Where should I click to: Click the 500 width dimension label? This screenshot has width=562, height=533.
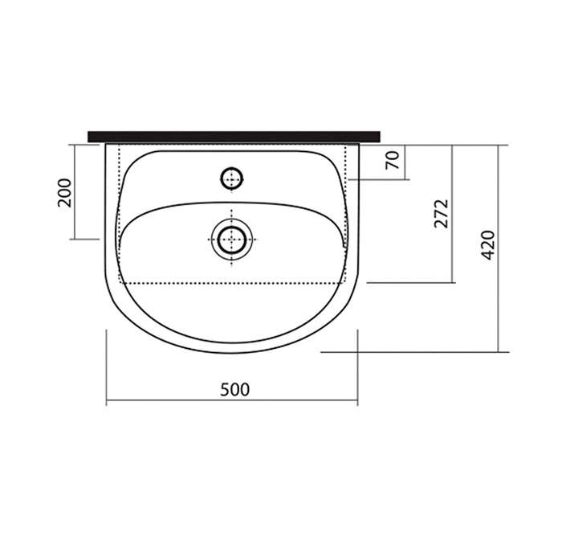(234, 390)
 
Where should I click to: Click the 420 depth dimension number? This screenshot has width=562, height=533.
(488, 245)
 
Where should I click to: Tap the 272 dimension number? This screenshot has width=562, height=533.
(442, 214)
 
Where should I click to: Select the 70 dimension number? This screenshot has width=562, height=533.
(392, 160)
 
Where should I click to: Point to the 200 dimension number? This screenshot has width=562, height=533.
(65, 193)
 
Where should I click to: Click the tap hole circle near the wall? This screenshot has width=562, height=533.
(231, 178)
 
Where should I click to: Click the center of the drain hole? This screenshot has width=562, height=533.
(232, 240)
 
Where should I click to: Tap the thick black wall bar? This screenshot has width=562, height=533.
(234, 137)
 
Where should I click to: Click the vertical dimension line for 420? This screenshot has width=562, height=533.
(499, 248)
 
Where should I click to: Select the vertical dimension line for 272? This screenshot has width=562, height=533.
(452, 214)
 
